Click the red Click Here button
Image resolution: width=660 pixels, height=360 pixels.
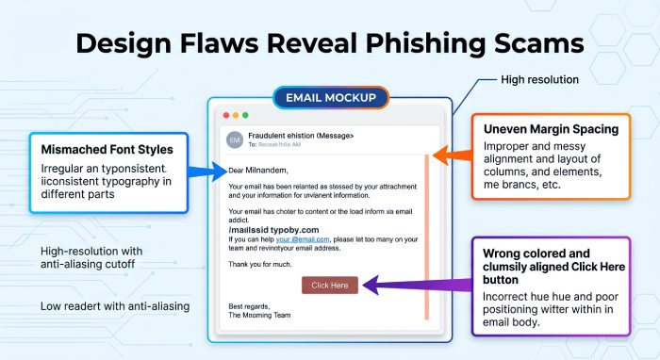tap(330, 286)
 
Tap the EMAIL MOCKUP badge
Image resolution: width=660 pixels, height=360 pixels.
tap(331, 98)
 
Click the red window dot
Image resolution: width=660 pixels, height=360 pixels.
tap(226, 115)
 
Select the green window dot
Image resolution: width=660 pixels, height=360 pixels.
tap(245, 115)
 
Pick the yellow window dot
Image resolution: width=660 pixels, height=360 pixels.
tap(236, 115)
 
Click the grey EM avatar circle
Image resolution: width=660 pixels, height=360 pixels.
tap(235, 139)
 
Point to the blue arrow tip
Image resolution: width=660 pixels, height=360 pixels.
tap(227, 172)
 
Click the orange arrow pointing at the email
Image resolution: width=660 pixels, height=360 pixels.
tap(452, 155)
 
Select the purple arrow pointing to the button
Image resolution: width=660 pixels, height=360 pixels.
tap(417, 286)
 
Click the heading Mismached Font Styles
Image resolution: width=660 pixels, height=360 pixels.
tap(107, 149)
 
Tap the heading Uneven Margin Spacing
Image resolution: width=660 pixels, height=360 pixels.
tap(551, 129)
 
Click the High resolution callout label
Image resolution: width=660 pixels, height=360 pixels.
tap(539, 79)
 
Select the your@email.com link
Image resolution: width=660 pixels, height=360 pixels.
tap(303, 239)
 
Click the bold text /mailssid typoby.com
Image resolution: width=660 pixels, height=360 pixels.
tap(273, 230)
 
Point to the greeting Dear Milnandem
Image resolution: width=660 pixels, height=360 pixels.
tap(258, 171)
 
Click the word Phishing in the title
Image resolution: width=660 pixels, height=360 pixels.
tap(425, 44)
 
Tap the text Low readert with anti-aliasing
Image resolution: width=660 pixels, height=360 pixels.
tap(115, 306)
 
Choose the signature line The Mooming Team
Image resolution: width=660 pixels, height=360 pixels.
tap(259, 315)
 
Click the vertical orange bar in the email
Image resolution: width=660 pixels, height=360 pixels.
tap(426, 237)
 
